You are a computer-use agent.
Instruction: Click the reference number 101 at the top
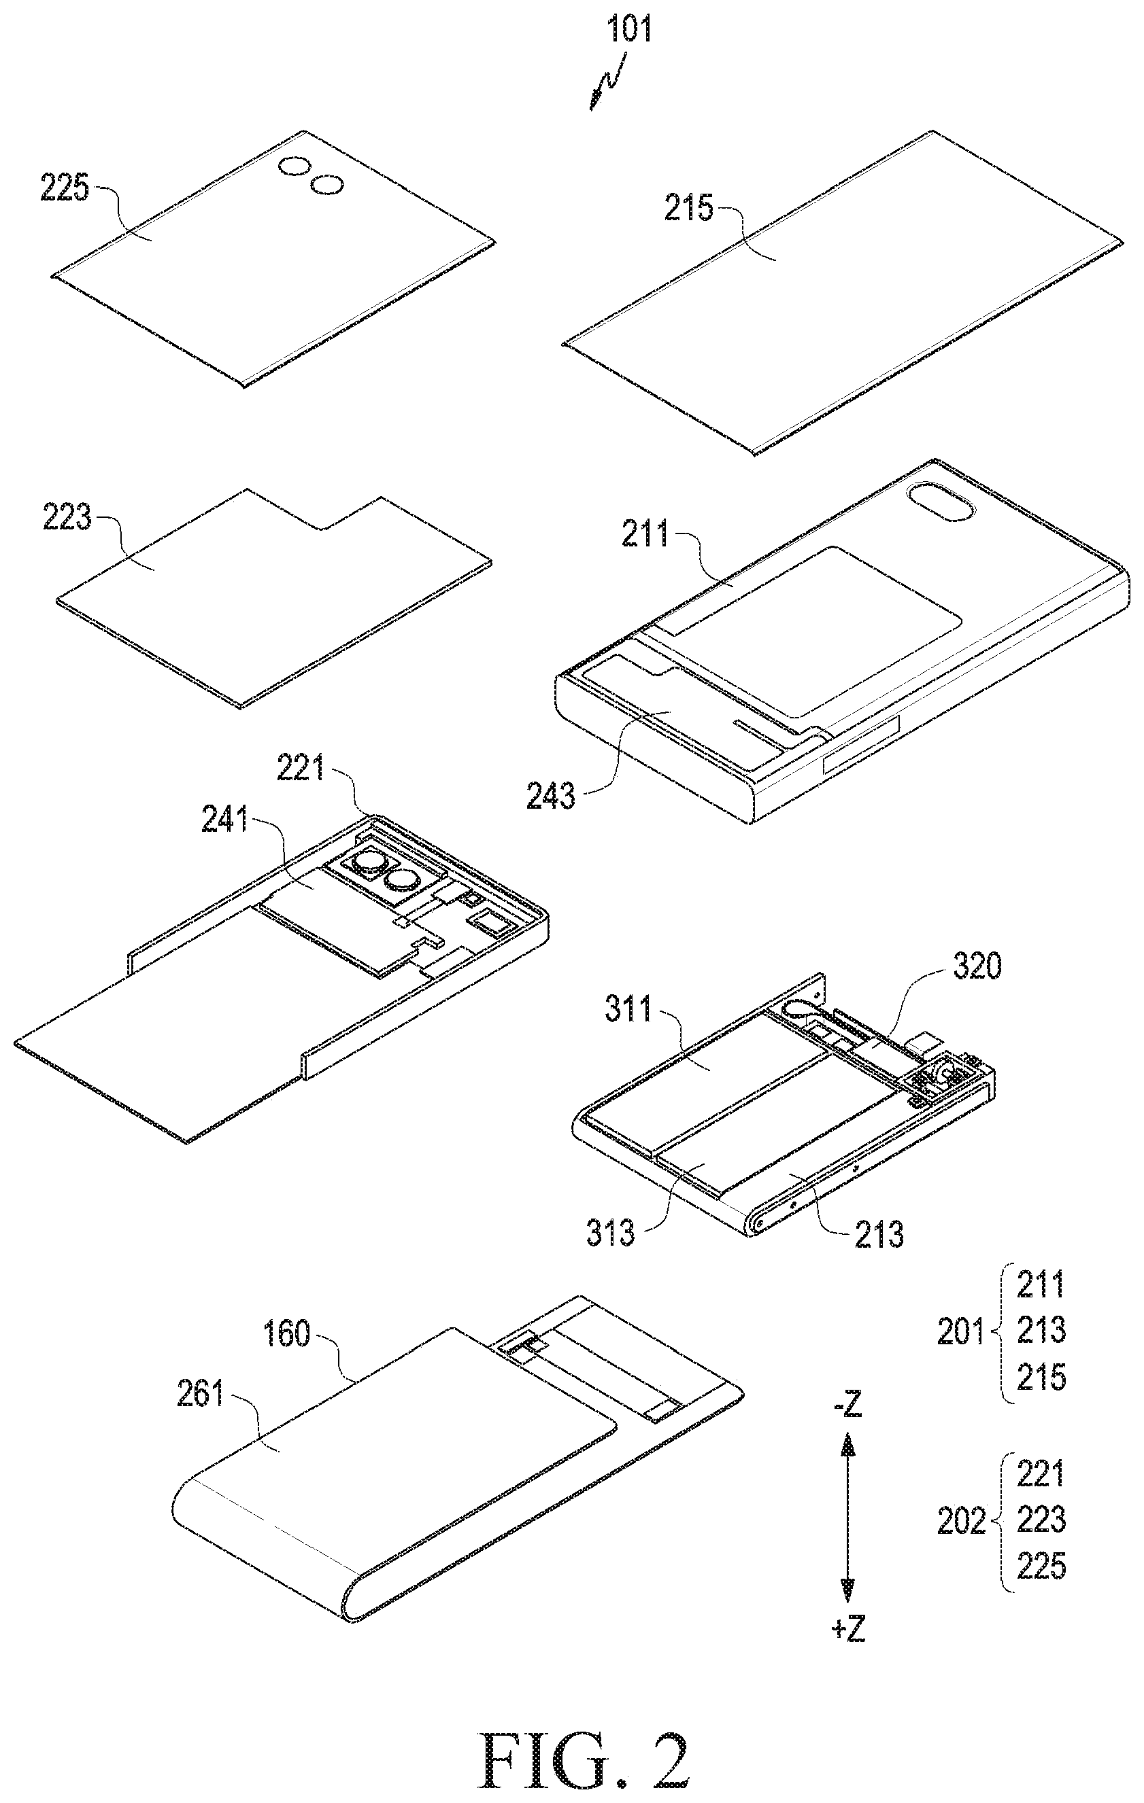628,29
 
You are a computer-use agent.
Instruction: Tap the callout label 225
65,188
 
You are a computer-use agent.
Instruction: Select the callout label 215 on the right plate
688,207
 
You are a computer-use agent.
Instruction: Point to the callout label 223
67,517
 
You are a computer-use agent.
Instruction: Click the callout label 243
551,795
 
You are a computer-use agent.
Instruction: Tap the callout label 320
977,966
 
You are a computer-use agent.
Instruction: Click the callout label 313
611,1231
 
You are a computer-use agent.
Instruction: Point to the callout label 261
200,1393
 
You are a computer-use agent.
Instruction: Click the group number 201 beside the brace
961,1332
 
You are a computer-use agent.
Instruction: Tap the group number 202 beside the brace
962,1521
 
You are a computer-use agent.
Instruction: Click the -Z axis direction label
847,1407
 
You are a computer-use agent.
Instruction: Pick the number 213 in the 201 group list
1041,1331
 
